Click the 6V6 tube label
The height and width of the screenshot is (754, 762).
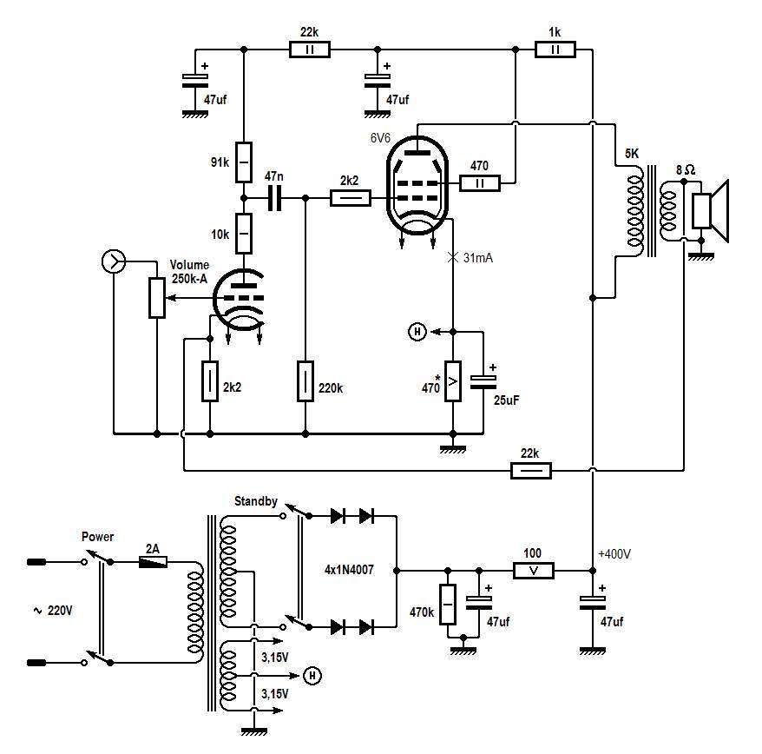(380, 138)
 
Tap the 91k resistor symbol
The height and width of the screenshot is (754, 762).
(244, 162)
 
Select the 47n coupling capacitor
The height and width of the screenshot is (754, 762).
(274, 198)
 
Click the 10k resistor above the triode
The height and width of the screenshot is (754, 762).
(244, 234)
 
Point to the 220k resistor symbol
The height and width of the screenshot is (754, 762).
(305, 381)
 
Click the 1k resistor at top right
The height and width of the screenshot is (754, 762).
(555, 50)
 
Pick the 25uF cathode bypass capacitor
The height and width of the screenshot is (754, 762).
(483, 382)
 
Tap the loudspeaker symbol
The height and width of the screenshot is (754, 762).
(711, 210)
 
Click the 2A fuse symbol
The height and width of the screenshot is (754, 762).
(153, 562)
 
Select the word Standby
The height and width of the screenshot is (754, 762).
(256, 501)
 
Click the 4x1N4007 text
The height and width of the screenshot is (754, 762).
(349, 570)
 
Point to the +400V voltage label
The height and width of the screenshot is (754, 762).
(614, 554)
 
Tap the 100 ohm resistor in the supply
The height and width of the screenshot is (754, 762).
(534, 571)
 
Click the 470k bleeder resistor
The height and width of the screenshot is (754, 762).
(448, 605)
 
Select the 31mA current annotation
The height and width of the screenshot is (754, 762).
(477, 258)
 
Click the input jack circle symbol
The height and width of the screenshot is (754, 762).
(113, 261)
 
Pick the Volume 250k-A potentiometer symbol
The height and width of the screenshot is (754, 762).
(156, 298)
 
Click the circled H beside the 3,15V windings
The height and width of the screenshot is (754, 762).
(312, 676)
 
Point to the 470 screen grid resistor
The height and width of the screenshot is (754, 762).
(480, 183)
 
